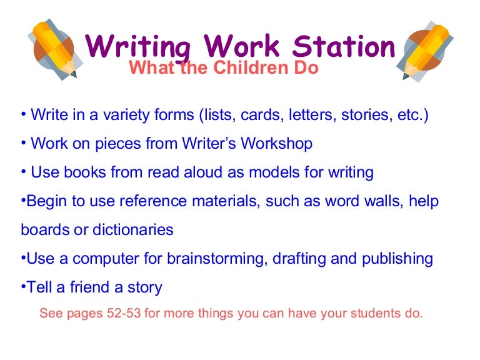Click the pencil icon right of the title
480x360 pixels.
tap(426, 49)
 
